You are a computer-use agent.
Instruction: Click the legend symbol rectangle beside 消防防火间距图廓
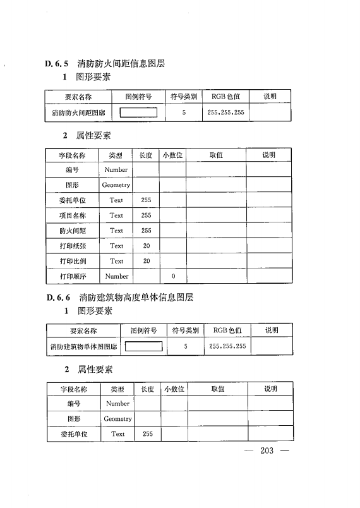click(138, 114)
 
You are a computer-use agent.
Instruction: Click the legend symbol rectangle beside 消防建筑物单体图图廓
click(144, 346)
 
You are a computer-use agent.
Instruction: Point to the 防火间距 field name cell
click(73, 231)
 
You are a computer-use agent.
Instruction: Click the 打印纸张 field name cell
click(73, 246)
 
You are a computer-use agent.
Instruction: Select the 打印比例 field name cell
click(73, 261)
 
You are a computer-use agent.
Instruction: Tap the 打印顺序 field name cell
click(73, 276)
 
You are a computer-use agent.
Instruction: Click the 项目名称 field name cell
click(73, 215)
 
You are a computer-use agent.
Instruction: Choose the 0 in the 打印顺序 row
click(172, 277)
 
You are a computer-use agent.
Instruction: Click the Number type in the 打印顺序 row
click(117, 276)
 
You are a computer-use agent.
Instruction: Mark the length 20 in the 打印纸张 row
click(147, 246)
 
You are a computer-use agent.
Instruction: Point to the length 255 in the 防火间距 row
click(147, 231)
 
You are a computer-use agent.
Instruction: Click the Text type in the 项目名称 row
click(117, 215)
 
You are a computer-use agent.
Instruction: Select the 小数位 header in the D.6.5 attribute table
click(172, 155)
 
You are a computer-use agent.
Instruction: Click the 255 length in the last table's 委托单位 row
click(148, 434)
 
